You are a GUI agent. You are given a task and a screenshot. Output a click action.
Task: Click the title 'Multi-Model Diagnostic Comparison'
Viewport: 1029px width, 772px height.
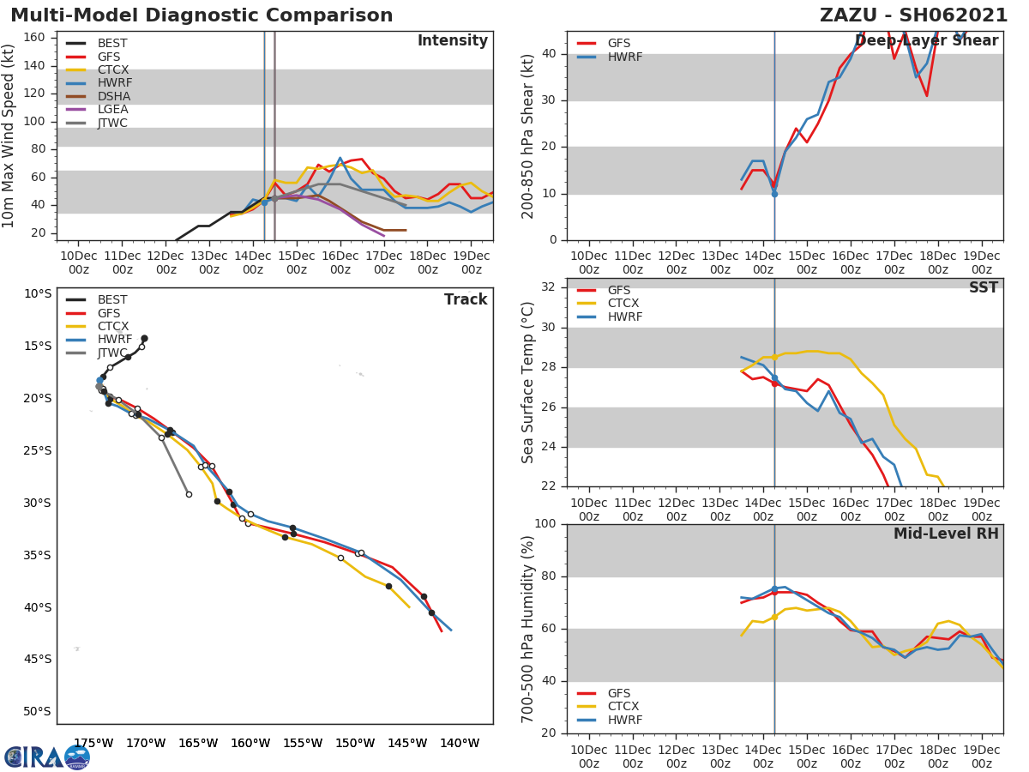(202, 15)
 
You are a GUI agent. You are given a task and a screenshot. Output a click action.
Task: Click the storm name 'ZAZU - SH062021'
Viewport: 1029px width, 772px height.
(913, 15)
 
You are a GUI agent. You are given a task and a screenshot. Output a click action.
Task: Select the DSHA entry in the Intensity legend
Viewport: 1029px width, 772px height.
(113, 96)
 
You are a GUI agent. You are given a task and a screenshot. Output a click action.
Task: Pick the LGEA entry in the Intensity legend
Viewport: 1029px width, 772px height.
(113, 109)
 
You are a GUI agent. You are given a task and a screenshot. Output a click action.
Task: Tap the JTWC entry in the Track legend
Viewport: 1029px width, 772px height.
(113, 353)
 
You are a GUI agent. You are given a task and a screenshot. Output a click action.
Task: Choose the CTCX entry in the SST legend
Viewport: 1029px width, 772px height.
(623, 304)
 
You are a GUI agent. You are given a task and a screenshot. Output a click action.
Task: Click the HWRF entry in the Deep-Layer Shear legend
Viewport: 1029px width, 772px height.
(624, 57)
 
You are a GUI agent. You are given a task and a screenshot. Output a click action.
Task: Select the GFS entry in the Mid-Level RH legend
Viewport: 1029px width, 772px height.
(619, 693)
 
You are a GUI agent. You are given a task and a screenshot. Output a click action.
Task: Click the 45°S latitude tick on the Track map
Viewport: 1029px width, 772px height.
(37, 660)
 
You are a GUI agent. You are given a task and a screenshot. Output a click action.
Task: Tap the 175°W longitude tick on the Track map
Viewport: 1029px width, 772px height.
(93, 743)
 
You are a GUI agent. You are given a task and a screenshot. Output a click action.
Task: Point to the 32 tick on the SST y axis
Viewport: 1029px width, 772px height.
(550, 287)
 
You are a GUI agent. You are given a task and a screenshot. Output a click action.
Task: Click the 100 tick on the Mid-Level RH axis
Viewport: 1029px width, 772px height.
(546, 524)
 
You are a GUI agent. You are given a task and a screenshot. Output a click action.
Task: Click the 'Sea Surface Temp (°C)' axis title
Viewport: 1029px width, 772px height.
(528, 383)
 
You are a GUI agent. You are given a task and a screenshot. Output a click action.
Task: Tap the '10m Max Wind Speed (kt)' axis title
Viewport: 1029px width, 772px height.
(9, 136)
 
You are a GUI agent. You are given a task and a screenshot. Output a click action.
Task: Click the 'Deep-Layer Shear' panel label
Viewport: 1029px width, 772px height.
(927, 41)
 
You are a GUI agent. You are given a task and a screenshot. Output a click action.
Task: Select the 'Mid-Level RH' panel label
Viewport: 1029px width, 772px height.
(946, 534)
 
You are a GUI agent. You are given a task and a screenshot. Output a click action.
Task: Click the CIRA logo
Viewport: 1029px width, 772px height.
(46, 757)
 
